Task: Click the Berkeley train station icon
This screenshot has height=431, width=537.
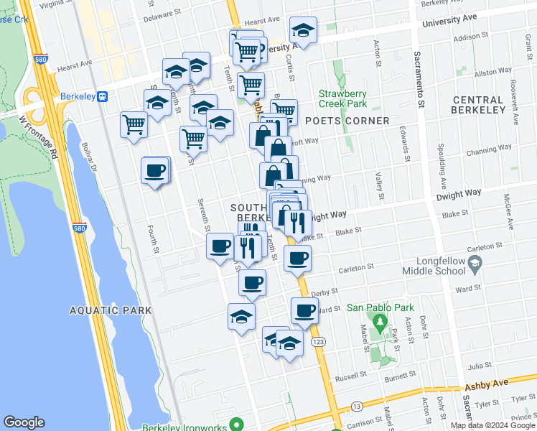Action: click(103, 96)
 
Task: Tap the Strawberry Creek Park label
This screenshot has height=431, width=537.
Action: click(342, 98)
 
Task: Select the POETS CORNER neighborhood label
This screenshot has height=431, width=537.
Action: click(347, 121)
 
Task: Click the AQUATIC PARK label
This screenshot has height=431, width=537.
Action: click(111, 310)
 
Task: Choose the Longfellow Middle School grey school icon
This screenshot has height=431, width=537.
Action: click(475, 267)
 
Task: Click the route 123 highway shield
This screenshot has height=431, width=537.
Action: click(317, 343)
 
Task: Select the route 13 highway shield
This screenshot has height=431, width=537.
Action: click(356, 406)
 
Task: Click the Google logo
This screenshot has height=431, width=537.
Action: click(24, 422)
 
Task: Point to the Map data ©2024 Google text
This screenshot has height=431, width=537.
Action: click(492, 425)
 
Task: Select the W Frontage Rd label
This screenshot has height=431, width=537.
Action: click(33, 129)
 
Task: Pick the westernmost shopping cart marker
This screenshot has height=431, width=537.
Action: click(134, 125)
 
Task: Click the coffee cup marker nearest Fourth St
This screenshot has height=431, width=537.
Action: click(155, 172)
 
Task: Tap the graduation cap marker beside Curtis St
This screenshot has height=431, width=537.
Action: click(303, 30)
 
